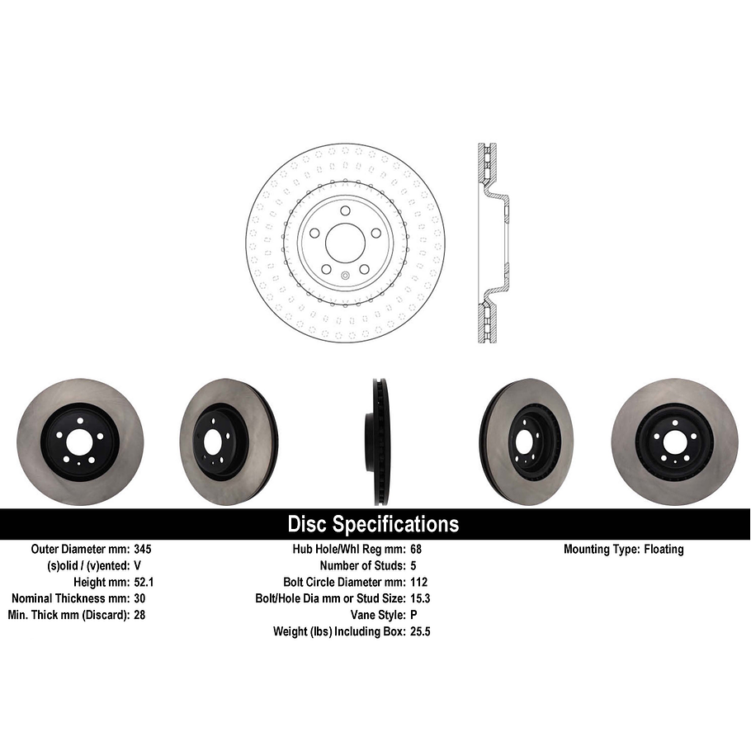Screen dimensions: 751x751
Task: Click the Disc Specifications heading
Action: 373,524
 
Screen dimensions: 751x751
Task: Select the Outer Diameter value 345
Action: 143,549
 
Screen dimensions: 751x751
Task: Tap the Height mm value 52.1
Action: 144,582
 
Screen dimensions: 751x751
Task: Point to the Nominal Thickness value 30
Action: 139,598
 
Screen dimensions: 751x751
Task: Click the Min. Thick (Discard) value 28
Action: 139,615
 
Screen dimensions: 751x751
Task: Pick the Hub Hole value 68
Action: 416,549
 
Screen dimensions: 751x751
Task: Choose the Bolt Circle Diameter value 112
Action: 418,582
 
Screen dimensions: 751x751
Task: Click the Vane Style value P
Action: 413,615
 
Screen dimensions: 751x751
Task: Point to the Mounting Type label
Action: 600,549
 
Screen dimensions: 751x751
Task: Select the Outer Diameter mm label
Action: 79,549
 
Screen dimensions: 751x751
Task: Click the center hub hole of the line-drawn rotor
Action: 345,242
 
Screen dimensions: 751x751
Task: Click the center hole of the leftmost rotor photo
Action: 80,442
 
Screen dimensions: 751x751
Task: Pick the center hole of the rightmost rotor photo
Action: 675,442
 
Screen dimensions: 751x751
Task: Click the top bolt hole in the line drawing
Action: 345,210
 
